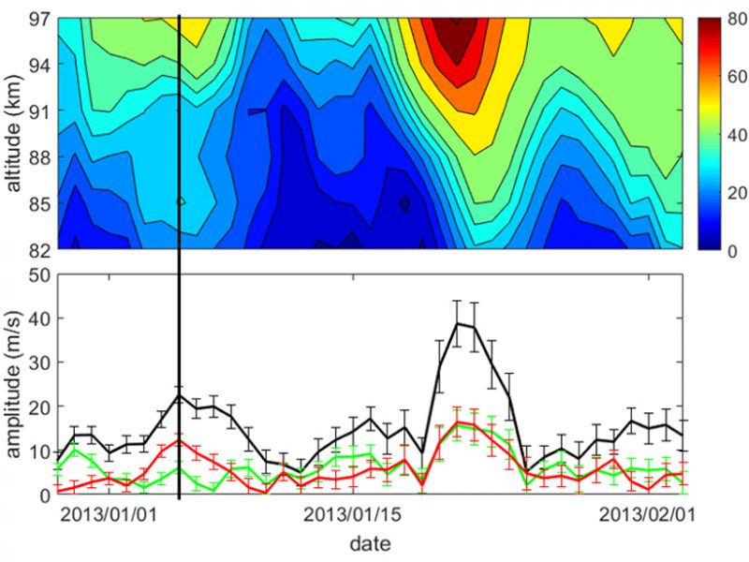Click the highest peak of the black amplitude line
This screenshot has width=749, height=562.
pyautogui.click(x=457, y=323)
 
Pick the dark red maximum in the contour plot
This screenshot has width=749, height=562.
pyautogui.click(x=457, y=37)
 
